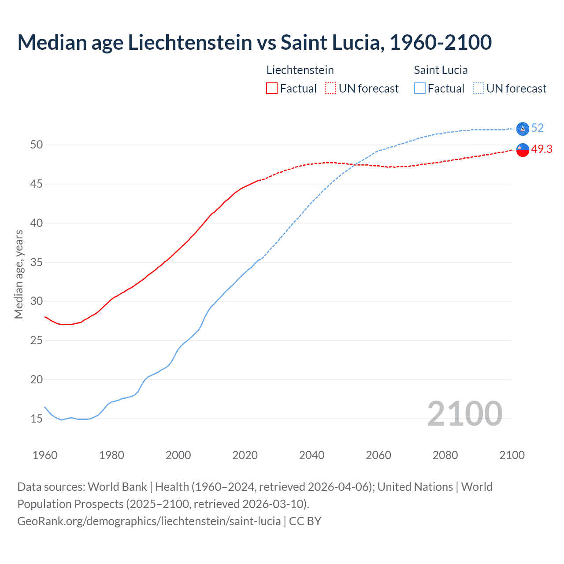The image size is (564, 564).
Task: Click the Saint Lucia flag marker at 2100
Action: pos(523,129)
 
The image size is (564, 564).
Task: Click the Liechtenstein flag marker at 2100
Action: pos(523,150)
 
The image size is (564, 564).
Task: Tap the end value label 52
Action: pos(537,128)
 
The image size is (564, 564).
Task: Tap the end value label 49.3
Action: pos(542,149)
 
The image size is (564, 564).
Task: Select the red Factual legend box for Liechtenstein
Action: pos(272,89)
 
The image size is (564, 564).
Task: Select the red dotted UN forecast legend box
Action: pos(330,89)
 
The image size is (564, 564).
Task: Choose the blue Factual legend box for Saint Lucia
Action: pos(420,89)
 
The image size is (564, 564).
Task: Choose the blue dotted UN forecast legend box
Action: pos(479,89)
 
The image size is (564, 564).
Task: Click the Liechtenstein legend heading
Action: pos(300,70)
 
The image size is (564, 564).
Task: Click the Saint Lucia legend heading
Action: pos(441,70)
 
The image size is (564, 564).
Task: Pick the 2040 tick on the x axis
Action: pos(312,455)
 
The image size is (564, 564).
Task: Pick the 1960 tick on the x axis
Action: pos(45,455)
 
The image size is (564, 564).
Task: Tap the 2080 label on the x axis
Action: pos(445,455)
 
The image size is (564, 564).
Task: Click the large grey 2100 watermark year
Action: pos(464,413)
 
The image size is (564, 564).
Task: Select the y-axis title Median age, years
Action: pos(19,274)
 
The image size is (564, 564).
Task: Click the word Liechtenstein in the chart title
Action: pos(189,42)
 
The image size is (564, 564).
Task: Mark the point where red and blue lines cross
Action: pos(354,165)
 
